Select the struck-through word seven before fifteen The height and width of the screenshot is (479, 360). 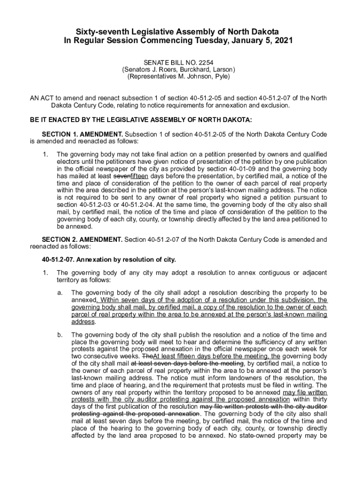[122, 176]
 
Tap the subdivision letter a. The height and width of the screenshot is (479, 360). [59, 292]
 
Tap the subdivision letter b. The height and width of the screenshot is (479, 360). [59, 334]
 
